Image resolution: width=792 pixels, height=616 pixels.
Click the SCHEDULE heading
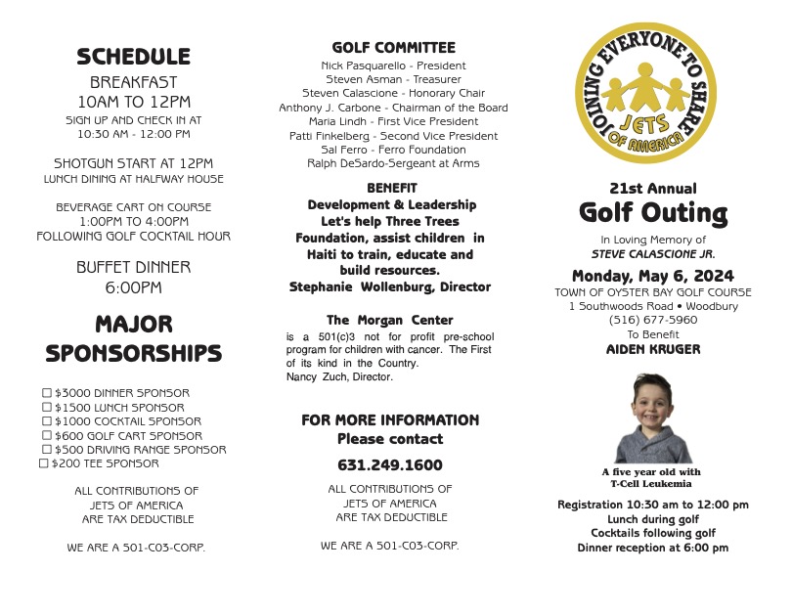(133, 57)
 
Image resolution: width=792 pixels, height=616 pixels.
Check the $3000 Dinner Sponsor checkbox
(46, 393)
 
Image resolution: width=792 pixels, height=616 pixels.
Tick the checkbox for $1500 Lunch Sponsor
(46, 407)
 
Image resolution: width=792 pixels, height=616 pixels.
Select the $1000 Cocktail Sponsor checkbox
(46, 421)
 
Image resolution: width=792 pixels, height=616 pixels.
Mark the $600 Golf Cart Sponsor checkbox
(46, 435)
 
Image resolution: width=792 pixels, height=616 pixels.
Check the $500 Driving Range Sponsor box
(46, 450)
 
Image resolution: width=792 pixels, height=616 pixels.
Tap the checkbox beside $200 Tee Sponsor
(43, 463)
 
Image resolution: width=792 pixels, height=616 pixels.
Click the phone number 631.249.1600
(389, 465)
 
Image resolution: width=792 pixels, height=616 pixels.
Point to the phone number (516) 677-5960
(653, 320)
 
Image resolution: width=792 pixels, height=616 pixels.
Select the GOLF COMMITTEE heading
(393, 47)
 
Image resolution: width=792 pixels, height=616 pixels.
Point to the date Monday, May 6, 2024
(653, 276)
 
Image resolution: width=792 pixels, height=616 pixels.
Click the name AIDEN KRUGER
(653, 349)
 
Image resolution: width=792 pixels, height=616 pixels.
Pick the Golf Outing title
(653, 212)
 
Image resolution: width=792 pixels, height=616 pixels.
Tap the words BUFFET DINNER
(133, 267)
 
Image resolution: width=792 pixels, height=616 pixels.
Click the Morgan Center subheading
(389, 321)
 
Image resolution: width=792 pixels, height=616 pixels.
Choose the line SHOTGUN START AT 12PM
(133, 163)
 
